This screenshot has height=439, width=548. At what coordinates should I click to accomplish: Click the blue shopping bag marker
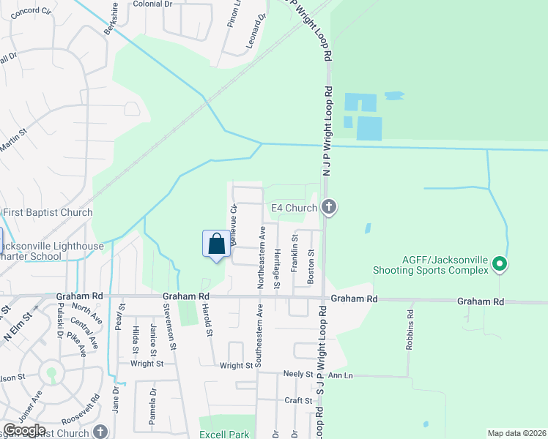tap(216, 244)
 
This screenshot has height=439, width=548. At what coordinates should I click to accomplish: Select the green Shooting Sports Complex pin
tap(500, 263)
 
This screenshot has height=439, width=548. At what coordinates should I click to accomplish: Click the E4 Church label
tap(294, 209)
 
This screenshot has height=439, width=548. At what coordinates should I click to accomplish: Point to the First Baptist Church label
tap(47, 213)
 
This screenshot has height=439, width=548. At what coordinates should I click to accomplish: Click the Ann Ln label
tap(341, 375)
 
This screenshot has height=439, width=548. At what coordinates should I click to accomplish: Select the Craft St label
tap(298, 400)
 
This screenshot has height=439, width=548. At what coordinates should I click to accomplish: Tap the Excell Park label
tap(225, 434)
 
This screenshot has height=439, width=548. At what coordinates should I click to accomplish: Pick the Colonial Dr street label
tap(152, 4)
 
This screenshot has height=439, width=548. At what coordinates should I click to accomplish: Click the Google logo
tap(24, 430)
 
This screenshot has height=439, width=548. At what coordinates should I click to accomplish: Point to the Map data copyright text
tap(516, 433)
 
